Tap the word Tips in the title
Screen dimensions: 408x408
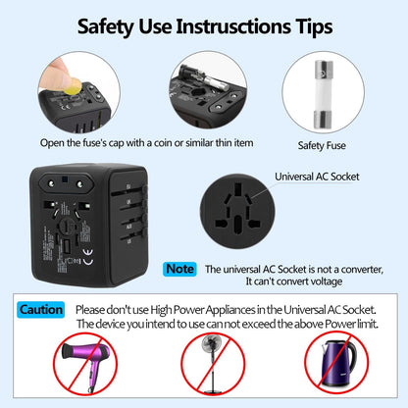311,27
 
